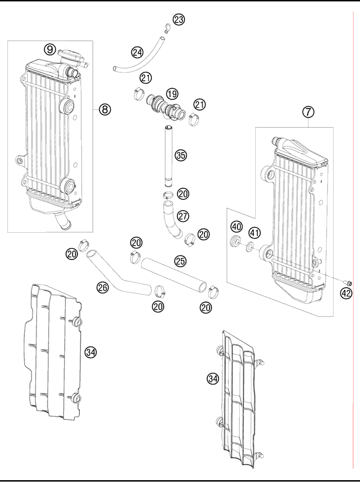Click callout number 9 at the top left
pos(50,48)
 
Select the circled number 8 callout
pos(105,109)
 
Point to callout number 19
pos(172,94)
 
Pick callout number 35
pos(180,155)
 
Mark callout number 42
pos(347,292)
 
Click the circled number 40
pos(237,227)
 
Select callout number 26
pos(103,287)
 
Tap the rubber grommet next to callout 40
pos(236,241)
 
